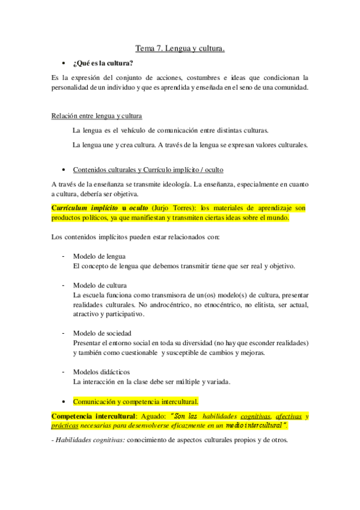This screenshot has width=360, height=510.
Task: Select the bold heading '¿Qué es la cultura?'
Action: click(103, 63)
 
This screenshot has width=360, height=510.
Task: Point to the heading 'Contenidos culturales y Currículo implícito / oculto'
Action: click(148, 170)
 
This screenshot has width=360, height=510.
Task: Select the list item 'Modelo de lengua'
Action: click(99, 256)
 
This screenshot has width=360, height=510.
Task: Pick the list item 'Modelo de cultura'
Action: click(100, 285)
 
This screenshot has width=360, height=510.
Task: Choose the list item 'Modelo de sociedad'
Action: click(102, 333)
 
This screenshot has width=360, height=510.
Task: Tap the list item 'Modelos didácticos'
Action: click(101, 372)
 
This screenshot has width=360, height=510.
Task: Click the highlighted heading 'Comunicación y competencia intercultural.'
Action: click(136, 401)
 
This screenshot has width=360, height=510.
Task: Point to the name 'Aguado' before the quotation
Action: click(155, 416)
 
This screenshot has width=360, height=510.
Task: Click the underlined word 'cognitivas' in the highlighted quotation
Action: click(255, 416)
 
